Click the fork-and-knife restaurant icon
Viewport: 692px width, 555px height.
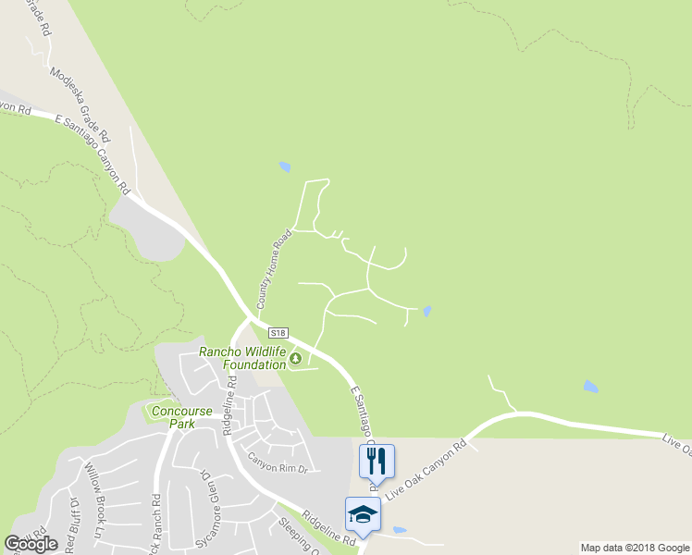click(x=377, y=459)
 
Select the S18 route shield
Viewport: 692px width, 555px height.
click(x=280, y=332)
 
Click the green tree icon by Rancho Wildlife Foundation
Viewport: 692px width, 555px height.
click(x=296, y=359)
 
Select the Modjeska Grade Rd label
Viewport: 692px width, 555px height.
click(x=80, y=103)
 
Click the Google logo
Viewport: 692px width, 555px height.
click(x=31, y=543)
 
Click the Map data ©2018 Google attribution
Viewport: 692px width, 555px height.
click(x=635, y=548)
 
